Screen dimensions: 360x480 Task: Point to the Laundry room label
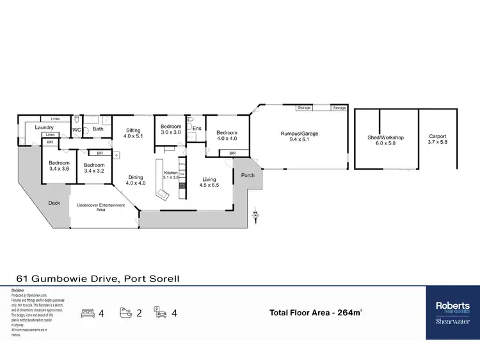pos(44,127)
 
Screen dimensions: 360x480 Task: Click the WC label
pos(76,129)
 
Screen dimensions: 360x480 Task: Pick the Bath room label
pos(98,129)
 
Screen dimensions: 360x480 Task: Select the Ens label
pos(197,129)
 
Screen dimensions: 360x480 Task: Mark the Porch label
pos(248,175)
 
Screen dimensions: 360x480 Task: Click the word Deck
pos(54,203)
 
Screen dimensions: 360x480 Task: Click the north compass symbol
pos(255,214)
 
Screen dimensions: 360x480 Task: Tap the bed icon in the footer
pos(88,313)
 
